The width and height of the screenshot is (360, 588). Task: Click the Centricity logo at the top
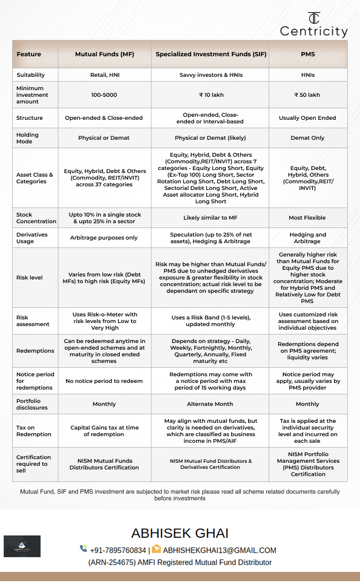[x=313, y=24]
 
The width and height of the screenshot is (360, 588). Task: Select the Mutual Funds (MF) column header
[x=105, y=54]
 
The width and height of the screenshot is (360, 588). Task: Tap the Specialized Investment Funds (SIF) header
[x=210, y=54]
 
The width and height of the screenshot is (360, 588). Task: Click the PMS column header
[x=307, y=54]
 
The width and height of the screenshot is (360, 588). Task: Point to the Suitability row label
[x=30, y=75]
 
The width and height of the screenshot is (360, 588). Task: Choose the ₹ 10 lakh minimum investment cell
[x=210, y=95]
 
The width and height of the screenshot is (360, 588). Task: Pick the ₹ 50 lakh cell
[x=307, y=95]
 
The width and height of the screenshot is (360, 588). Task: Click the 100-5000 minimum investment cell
[x=105, y=95]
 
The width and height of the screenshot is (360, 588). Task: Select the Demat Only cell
[x=307, y=138]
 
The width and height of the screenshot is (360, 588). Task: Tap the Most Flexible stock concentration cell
[x=307, y=218]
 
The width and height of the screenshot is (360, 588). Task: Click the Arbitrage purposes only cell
[x=105, y=238]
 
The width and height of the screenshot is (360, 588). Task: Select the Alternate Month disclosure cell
[x=210, y=404]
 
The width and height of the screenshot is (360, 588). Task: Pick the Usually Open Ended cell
[x=307, y=118]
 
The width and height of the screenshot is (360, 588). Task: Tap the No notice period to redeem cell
[x=105, y=381]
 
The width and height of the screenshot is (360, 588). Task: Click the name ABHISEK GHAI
[x=180, y=533]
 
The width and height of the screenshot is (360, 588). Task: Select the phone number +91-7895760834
[x=117, y=550]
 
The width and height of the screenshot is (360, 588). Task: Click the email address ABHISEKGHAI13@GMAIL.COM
[x=219, y=550]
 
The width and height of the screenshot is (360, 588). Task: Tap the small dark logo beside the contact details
[x=22, y=546]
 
